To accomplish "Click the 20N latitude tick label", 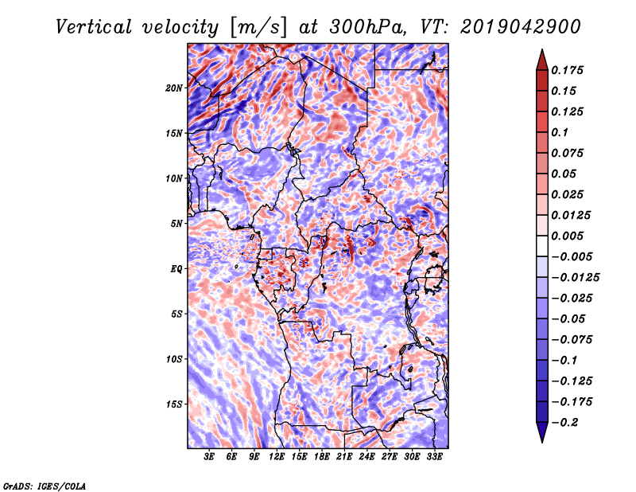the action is pyautogui.click(x=174, y=88).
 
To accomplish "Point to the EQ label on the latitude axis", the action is pyautogui.click(x=176, y=269).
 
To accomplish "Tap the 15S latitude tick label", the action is pyautogui.click(x=174, y=404).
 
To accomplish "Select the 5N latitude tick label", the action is pyautogui.click(x=176, y=224).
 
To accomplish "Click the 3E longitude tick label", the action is pyautogui.click(x=209, y=457).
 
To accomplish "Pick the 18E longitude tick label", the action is pyautogui.click(x=322, y=457).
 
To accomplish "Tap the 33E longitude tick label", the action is pyautogui.click(x=434, y=457).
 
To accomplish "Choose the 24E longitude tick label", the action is pyautogui.click(x=366, y=457).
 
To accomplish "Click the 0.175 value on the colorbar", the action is pyautogui.click(x=567, y=70).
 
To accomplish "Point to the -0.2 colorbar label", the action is pyautogui.click(x=564, y=423).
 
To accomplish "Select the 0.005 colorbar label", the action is pyautogui.click(x=567, y=236).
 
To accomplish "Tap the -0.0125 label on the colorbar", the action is pyautogui.click(x=575, y=278).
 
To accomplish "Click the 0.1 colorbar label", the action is pyautogui.click(x=560, y=132).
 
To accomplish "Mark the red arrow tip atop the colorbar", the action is pyautogui.click(x=542, y=50).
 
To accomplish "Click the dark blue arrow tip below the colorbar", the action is pyautogui.click(x=542, y=442).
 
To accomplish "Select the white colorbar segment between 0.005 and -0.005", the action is pyautogui.click(x=542, y=246).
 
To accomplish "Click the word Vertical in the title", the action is pyautogui.click(x=94, y=27).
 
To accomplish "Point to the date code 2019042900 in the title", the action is pyautogui.click(x=521, y=27).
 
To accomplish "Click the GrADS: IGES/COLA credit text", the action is pyautogui.click(x=44, y=486).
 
